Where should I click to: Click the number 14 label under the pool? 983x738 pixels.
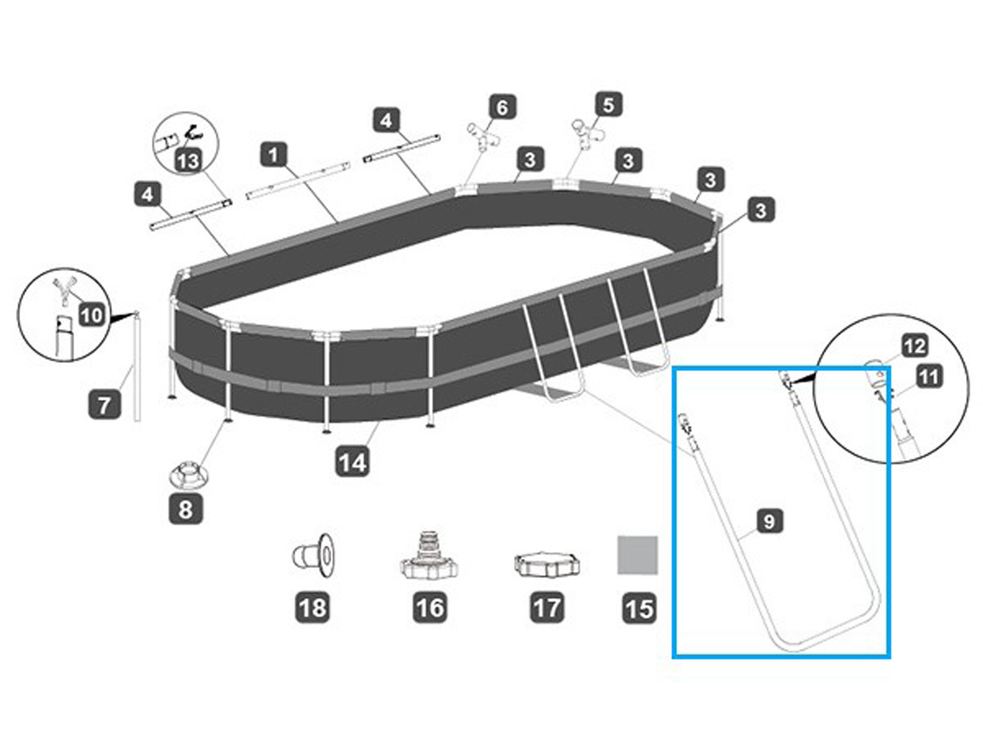(352, 462)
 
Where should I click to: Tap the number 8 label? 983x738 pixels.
(186, 509)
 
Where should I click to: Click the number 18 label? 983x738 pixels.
(313, 608)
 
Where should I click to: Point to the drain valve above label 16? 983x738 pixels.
(428, 556)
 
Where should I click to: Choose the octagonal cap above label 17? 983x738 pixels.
(546, 564)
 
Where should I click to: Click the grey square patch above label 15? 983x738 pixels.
(638, 555)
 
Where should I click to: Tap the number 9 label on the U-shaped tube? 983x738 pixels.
(769, 522)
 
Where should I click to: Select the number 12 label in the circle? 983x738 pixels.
(914, 346)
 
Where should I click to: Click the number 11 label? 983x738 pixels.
(929, 376)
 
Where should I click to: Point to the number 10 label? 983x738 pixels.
(92, 315)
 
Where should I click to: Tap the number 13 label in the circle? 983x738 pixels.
(188, 161)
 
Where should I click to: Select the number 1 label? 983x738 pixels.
(274, 154)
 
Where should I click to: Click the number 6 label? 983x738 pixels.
(502, 107)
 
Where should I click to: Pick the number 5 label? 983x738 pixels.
(608, 105)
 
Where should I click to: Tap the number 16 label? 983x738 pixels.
(429, 608)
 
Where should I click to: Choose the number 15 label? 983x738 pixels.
(639, 609)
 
